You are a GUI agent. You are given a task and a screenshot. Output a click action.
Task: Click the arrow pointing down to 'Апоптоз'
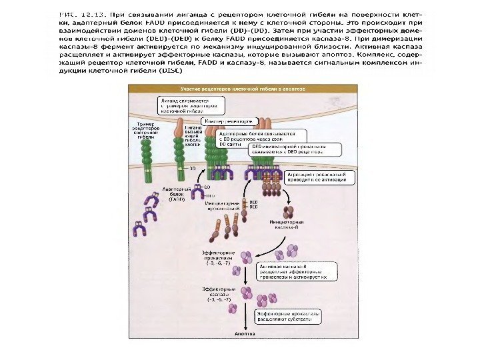(x=245, y=319)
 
